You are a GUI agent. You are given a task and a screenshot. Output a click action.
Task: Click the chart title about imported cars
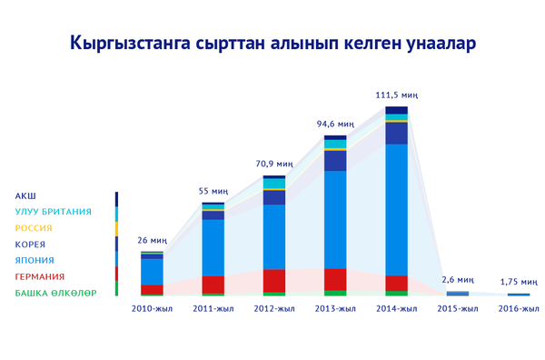(x=272, y=44)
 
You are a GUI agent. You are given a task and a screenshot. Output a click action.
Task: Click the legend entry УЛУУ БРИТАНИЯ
(x=53, y=212)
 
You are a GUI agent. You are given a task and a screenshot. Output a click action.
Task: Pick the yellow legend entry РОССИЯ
(x=34, y=228)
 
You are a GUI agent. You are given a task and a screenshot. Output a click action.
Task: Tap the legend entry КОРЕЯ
(x=30, y=245)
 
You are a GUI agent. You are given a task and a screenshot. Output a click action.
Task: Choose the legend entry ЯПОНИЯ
(x=33, y=260)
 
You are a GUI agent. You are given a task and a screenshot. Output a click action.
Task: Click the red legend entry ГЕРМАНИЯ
(x=39, y=276)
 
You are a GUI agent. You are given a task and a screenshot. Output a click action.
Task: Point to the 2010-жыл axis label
(x=152, y=309)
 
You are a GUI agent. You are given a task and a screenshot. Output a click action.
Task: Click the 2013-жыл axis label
(x=335, y=309)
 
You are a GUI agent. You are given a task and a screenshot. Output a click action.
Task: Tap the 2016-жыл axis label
(x=519, y=309)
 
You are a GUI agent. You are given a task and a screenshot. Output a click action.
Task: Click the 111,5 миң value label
(x=396, y=95)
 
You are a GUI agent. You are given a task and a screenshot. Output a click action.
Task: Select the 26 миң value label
(x=152, y=240)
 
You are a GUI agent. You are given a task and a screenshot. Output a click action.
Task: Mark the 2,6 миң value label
(x=457, y=279)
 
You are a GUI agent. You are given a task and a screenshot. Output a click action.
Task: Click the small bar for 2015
(x=457, y=293)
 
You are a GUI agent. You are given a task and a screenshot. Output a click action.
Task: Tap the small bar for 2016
(x=519, y=294)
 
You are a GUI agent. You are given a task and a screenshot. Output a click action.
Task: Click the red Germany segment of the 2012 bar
(x=274, y=280)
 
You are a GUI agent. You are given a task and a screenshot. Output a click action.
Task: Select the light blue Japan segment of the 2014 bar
(x=396, y=209)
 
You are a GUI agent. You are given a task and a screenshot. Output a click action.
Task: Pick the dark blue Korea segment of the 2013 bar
(x=335, y=161)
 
